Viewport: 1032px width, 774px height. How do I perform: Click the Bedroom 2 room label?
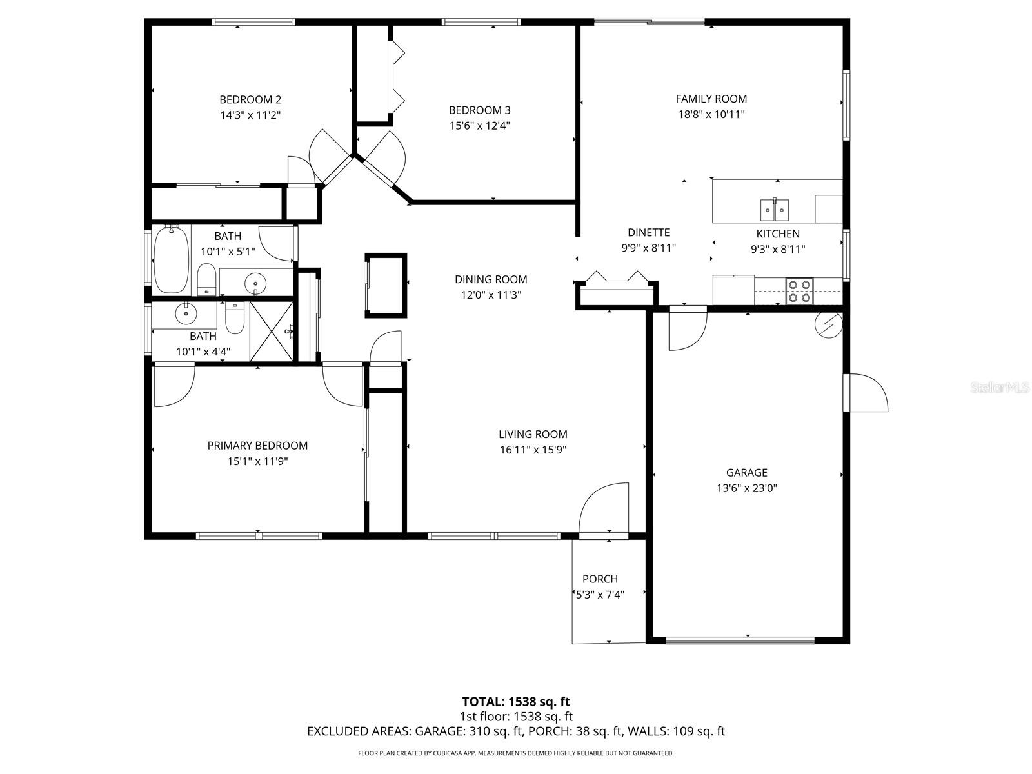(x=250, y=99)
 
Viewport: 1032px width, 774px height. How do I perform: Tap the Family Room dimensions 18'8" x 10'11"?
(x=711, y=114)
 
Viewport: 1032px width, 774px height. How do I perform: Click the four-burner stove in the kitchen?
(x=799, y=290)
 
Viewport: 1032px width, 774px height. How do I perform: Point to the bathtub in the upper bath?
(x=172, y=258)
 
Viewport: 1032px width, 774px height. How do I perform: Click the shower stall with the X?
(x=271, y=331)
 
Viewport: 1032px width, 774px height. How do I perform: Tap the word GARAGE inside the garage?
(x=746, y=472)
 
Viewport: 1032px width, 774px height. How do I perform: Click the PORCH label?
(x=600, y=579)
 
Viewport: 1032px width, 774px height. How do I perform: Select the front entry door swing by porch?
(x=602, y=510)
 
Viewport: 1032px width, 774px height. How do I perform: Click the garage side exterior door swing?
(x=866, y=393)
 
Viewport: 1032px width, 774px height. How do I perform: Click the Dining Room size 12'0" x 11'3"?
(x=491, y=295)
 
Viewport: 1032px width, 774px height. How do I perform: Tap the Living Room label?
(x=533, y=434)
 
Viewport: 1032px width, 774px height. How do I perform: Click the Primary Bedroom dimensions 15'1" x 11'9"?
(x=257, y=461)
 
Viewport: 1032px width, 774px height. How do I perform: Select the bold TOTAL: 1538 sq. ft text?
(x=515, y=701)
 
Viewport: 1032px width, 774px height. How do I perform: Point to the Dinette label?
(x=648, y=232)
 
